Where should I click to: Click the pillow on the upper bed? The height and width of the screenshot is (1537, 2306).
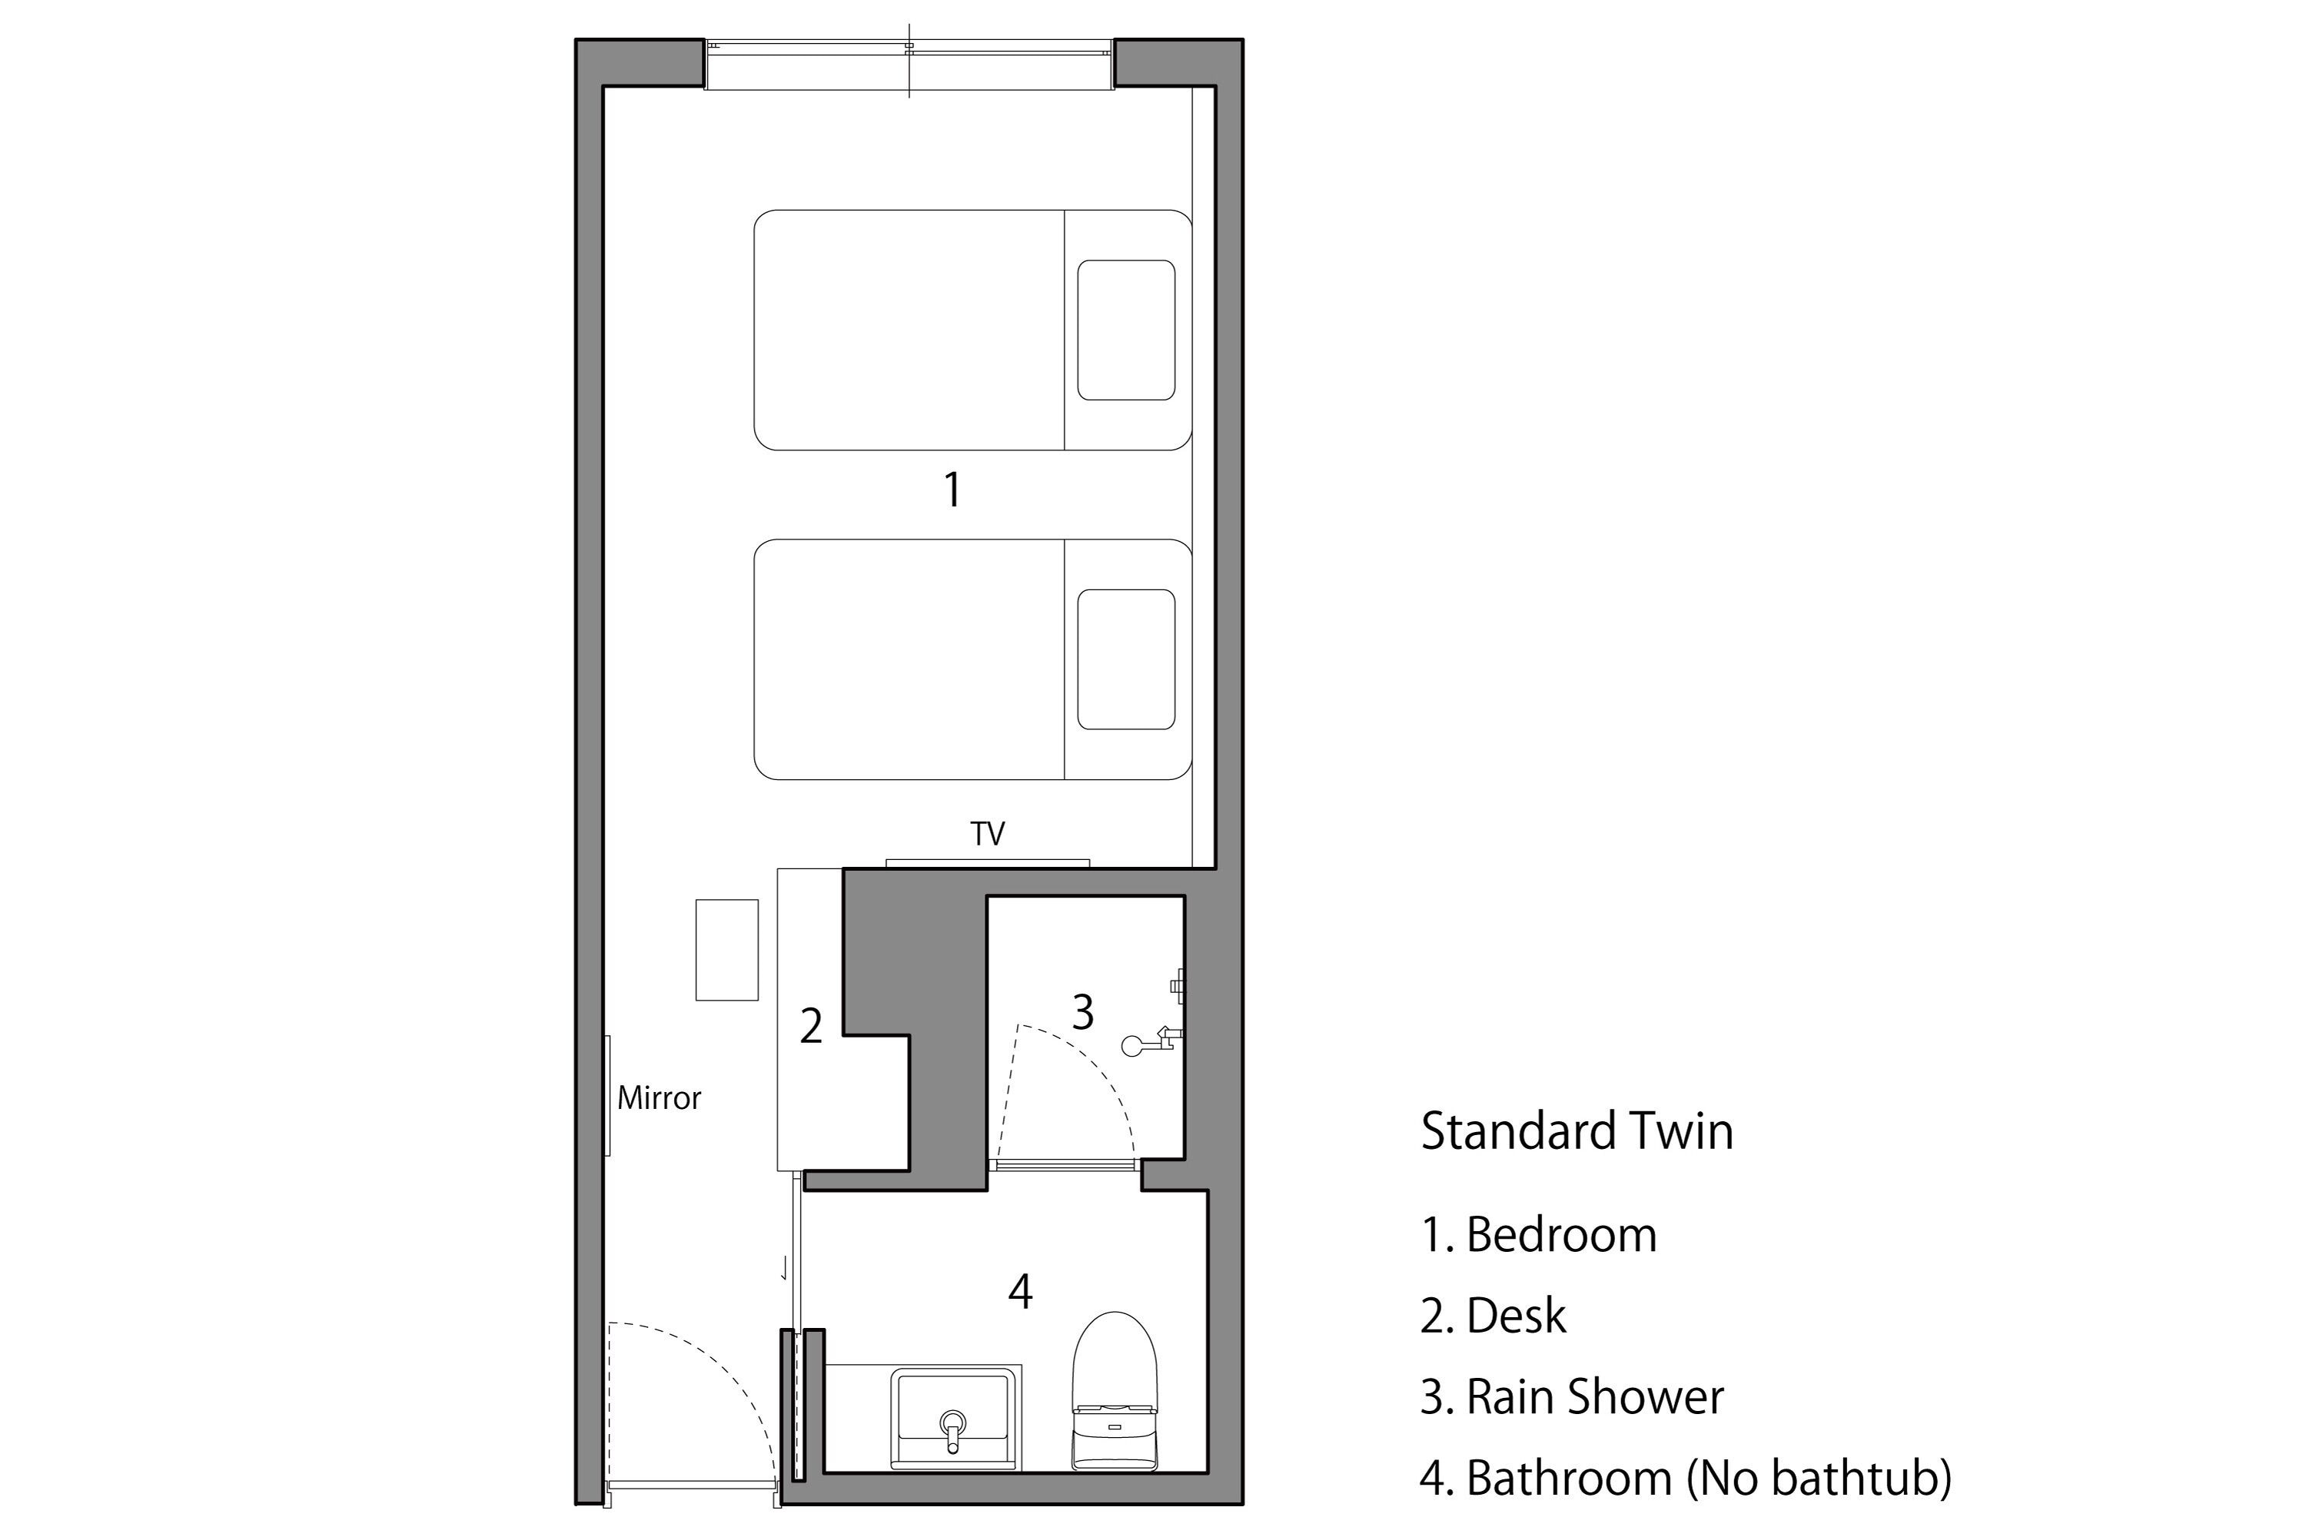click(x=1125, y=330)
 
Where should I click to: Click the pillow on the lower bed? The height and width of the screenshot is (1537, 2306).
click(x=1125, y=659)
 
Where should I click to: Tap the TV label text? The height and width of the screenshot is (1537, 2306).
click(x=987, y=834)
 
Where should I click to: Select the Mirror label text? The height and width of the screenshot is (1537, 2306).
click(x=659, y=1098)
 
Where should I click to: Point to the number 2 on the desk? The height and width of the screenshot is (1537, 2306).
click(x=811, y=1026)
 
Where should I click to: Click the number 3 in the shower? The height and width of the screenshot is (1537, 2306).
click(x=1082, y=1013)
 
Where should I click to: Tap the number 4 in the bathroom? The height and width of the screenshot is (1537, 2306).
click(x=1021, y=1292)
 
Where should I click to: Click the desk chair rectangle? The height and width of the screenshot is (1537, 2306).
click(x=726, y=950)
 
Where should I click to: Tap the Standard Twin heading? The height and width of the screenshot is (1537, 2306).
click(x=1577, y=1131)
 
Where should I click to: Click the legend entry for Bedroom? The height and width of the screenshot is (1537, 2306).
click(x=1540, y=1235)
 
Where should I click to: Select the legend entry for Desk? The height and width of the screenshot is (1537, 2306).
click(x=1494, y=1316)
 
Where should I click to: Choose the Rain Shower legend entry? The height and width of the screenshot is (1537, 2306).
click(x=1572, y=1398)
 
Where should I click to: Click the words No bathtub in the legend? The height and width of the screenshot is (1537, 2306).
click(x=1819, y=1478)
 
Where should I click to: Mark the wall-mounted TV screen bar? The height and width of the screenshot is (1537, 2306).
click(x=987, y=862)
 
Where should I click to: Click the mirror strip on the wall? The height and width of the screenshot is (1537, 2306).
click(x=608, y=1095)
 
